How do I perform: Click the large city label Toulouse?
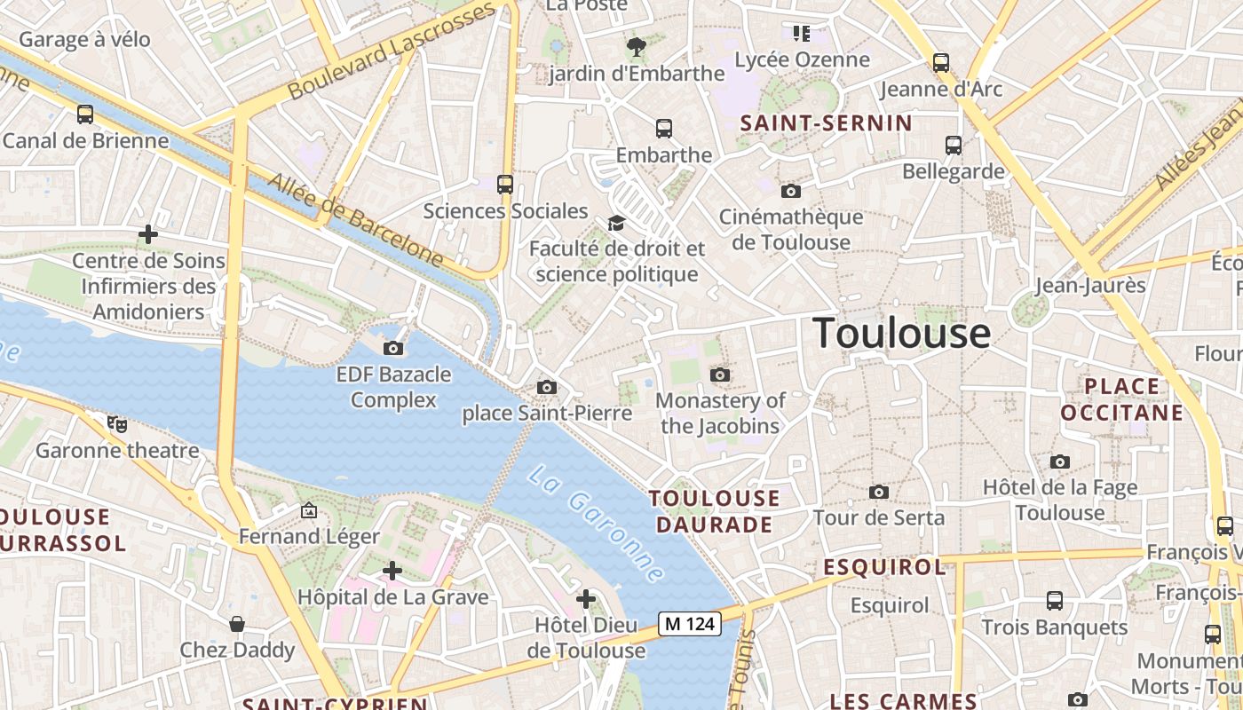click(x=902, y=334)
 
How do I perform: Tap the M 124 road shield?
click(x=689, y=624)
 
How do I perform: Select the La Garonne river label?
click(x=595, y=524)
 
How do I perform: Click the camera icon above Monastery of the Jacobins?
click(x=720, y=375)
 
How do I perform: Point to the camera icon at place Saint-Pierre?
click(x=547, y=388)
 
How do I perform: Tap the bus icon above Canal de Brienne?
click(x=85, y=114)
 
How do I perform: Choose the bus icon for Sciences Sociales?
click(x=505, y=185)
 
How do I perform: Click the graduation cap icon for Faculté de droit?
click(x=616, y=223)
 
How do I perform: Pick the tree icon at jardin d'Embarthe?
click(x=636, y=47)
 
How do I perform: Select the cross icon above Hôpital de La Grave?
click(x=392, y=571)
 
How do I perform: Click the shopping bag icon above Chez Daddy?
click(x=237, y=624)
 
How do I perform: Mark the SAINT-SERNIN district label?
click(x=826, y=123)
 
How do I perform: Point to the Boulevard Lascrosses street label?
click(x=391, y=51)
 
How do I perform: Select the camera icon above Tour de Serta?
click(x=879, y=492)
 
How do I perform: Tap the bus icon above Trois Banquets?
click(x=1055, y=601)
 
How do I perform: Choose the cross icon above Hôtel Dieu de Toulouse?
click(x=586, y=600)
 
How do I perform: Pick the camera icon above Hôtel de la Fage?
click(x=1060, y=461)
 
